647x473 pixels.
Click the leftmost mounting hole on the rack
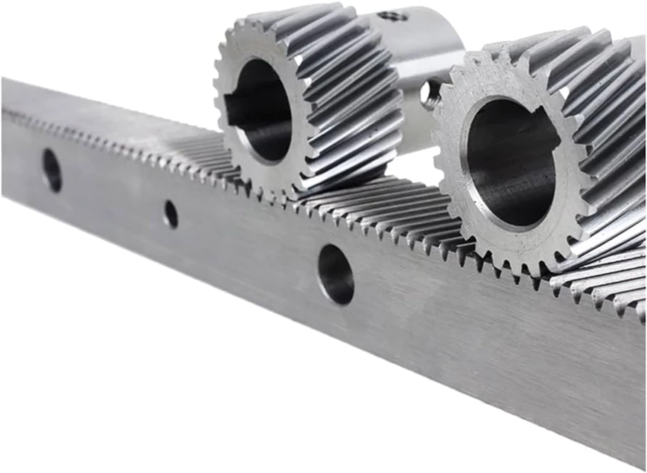[52, 170]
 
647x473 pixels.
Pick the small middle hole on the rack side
[171, 213]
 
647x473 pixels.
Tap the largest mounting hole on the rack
[335, 274]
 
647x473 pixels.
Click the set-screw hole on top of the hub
[393, 15]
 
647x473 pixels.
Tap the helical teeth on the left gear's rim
[356, 97]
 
